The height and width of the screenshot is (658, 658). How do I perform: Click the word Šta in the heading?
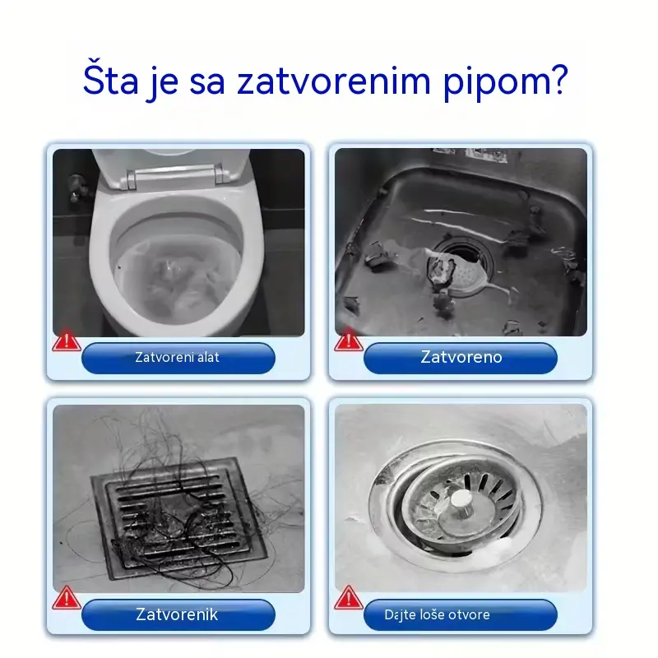(x=110, y=80)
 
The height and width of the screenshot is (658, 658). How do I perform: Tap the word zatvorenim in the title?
(x=334, y=81)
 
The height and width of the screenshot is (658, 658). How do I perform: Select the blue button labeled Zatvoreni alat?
(x=178, y=358)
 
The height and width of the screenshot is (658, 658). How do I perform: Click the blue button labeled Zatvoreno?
(x=461, y=358)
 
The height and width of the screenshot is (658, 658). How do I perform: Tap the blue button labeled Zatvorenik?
(x=178, y=614)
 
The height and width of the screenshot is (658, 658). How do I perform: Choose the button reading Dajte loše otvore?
(x=461, y=614)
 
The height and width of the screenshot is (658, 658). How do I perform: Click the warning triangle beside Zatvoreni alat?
(x=67, y=341)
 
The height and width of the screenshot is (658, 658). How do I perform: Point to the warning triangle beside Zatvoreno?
(x=348, y=340)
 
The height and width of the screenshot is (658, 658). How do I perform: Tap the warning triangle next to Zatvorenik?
(x=67, y=598)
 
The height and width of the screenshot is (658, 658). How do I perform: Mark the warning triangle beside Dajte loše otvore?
(x=348, y=598)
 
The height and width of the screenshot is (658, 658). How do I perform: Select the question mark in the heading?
(x=558, y=79)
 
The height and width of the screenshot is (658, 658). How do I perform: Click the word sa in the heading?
(x=207, y=83)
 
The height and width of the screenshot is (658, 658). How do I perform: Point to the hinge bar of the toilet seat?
(x=177, y=175)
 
